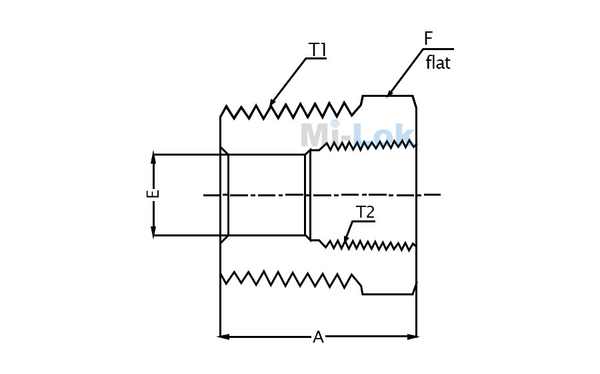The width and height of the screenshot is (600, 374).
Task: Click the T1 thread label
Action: click(x=317, y=50)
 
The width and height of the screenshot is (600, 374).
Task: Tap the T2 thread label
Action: click(x=365, y=212)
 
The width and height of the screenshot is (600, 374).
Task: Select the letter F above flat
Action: click(x=428, y=39)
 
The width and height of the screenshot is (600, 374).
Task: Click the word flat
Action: click(x=438, y=63)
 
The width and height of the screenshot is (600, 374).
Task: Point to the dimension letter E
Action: click(x=153, y=194)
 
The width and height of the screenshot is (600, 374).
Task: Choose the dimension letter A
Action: click(x=319, y=337)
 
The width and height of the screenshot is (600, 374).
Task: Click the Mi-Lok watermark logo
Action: click(x=357, y=134)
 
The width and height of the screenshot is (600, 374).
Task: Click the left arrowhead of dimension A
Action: click(x=224, y=337)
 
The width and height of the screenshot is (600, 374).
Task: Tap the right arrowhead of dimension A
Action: click(x=413, y=337)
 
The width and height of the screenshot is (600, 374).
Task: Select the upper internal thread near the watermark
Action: click(x=367, y=146)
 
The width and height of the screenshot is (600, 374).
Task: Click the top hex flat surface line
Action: click(x=387, y=96)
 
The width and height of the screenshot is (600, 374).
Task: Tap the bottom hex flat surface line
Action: click(x=387, y=294)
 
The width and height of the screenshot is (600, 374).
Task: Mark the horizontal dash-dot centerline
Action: click(x=322, y=195)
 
